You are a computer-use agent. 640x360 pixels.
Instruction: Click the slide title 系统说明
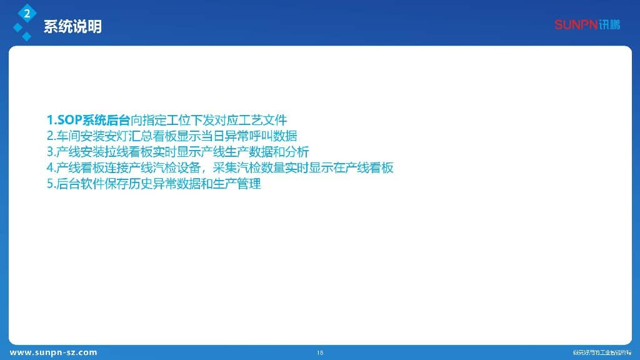[72, 27]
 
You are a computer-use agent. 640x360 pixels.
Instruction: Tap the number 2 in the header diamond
[27, 12]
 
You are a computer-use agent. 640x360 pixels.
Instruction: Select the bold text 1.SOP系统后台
[89, 120]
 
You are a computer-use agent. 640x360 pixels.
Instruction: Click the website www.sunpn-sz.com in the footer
[53, 352]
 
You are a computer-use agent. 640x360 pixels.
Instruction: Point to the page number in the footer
[320, 352]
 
